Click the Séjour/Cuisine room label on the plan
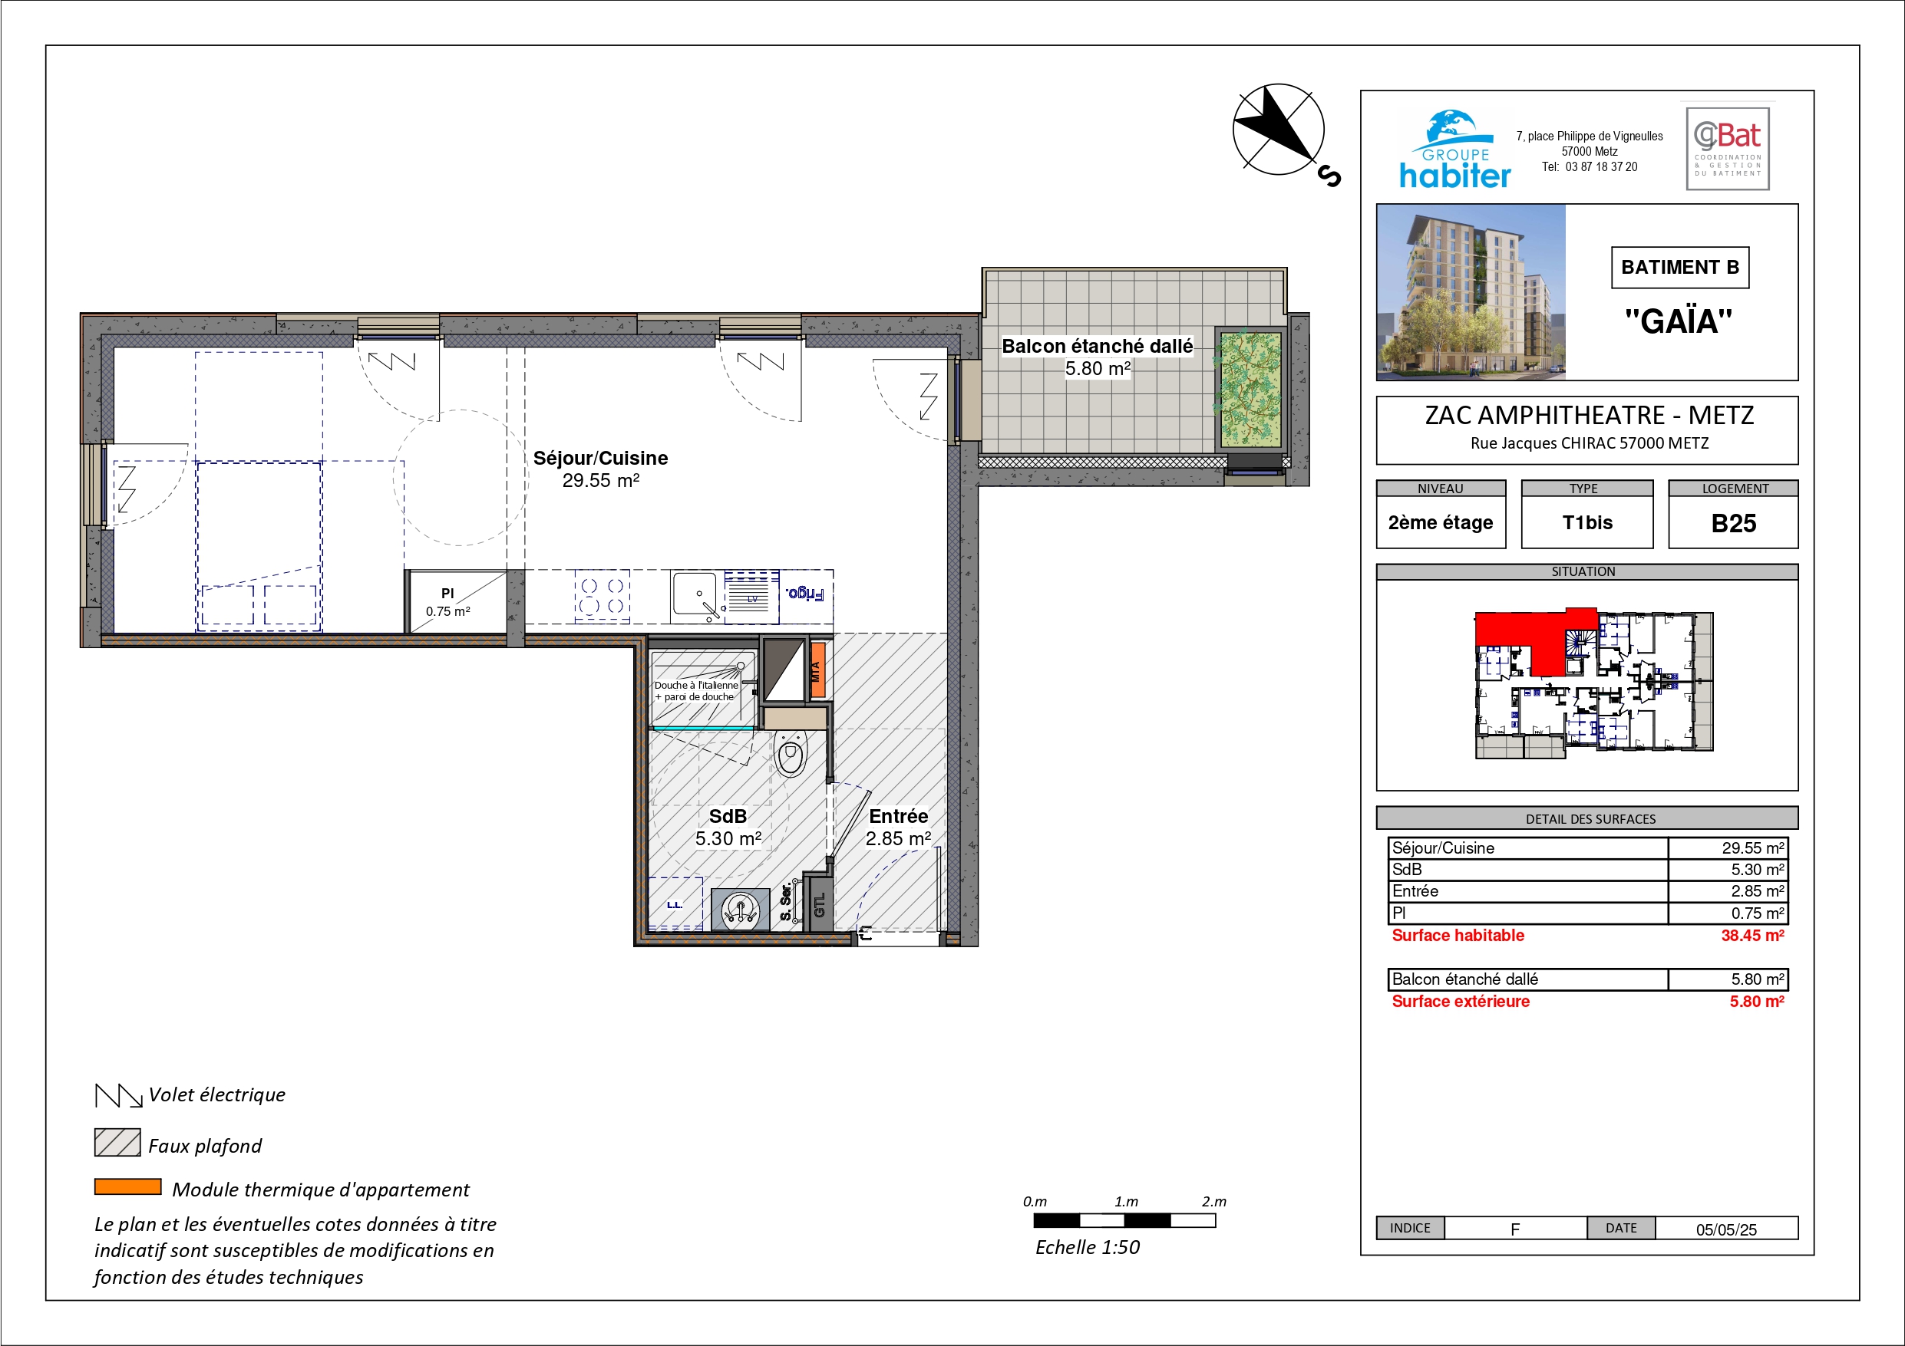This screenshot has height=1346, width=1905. [600, 458]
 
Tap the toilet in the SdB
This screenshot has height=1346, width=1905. [791, 753]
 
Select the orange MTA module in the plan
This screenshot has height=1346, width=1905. [817, 670]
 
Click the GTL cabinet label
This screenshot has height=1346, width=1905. [820, 905]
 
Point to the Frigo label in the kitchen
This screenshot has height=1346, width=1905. [805, 593]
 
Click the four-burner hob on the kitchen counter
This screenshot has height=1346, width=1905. [603, 595]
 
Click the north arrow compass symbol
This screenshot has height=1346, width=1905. [1279, 130]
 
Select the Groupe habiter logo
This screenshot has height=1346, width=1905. [1455, 150]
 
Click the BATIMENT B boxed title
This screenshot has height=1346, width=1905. [1680, 267]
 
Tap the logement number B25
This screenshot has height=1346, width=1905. [1733, 523]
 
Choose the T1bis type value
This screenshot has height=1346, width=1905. [1587, 522]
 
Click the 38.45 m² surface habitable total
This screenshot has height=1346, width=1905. [1752, 936]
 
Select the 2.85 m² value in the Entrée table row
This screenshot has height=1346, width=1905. [1758, 891]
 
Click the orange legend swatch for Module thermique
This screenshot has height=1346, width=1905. [127, 1186]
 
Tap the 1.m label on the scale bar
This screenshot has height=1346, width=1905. [1126, 1202]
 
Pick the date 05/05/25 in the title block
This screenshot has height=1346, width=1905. [1726, 1229]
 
